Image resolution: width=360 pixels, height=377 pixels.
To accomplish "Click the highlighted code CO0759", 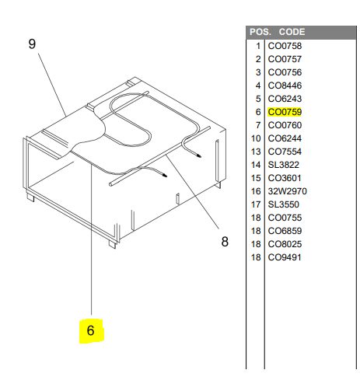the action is point(285,112).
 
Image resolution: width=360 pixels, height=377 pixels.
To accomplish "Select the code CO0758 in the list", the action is point(285,46).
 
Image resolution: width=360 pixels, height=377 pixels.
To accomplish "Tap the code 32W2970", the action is point(287,191).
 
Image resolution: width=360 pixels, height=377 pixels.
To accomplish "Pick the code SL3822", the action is point(283,165).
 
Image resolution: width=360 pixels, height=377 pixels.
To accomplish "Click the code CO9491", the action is point(285,257).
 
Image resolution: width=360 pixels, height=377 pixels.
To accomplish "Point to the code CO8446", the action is point(285,86).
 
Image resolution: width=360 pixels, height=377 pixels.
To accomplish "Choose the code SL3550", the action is point(283,204).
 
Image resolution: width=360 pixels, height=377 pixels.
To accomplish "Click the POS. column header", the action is point(260,32).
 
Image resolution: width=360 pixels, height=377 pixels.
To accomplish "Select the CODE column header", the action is point(292,32).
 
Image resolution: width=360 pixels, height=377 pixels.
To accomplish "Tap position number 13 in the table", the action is point(256,152).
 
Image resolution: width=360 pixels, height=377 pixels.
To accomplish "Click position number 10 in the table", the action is point(256,138).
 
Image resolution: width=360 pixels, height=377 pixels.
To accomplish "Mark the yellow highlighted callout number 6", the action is point(90,330).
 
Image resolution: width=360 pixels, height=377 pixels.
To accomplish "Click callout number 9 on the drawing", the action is point(32,44).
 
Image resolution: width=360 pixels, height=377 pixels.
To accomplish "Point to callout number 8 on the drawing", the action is point(225,242).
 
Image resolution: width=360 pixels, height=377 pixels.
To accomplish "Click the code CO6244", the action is point(285,138).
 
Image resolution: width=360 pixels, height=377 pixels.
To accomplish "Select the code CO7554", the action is point(285,152).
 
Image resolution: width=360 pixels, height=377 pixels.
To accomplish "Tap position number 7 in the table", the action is point(258,125).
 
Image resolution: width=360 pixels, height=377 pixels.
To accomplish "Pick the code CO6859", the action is point(285,231).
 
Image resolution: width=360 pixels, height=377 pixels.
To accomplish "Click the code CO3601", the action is point(285,178).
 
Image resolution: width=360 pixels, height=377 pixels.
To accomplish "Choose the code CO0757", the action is point(285,59).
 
